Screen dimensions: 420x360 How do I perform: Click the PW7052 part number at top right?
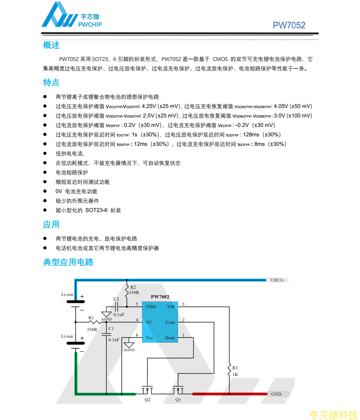(289, 25)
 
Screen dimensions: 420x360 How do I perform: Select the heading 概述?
(51, 45)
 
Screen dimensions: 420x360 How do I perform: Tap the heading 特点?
(51, 83)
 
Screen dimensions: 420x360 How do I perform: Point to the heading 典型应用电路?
(68, 262)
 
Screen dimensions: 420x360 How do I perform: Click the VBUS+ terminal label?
(278, 280)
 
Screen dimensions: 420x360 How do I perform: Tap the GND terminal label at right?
(276, 394)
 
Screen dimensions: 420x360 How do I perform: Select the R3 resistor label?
(235, 368)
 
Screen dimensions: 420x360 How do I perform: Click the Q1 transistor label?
(178, 400)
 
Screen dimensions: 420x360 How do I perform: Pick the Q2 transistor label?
(147, 400)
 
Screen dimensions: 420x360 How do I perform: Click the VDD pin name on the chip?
(151, 307)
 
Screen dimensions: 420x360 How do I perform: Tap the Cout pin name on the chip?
(170, 322)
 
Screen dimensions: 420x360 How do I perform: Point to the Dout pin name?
(170, 338)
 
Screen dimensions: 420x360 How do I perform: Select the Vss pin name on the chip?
(149, 338)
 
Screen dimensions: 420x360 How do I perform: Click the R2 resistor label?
(133, 287)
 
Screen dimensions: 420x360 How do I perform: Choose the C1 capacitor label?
(111, 328)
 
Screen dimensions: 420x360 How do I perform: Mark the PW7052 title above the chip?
(160, 297)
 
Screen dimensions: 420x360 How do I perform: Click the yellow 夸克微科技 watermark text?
(333, 414)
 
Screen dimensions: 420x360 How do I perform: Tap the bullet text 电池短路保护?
(72, 172)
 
